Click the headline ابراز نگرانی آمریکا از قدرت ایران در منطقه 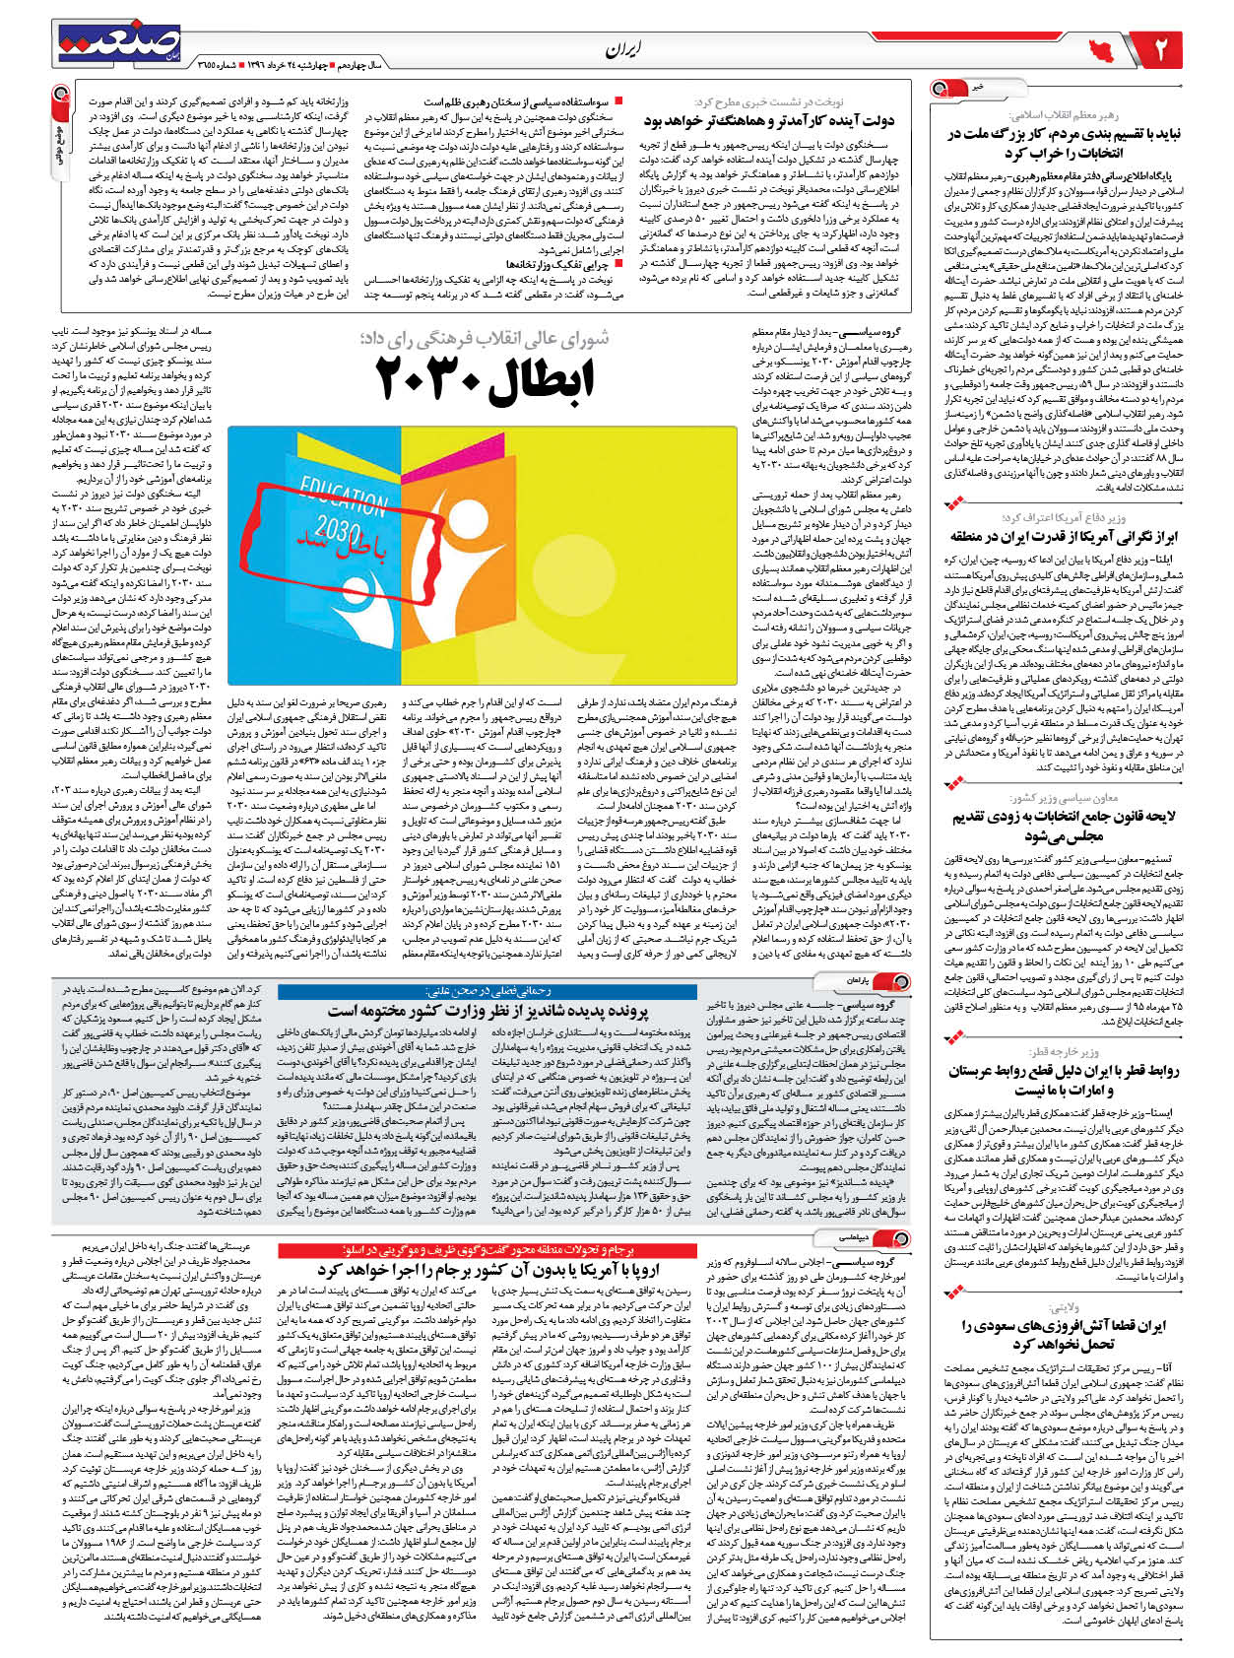point(1064,536)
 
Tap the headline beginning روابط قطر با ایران point(1064,1079)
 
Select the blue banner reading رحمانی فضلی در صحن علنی point(487,991)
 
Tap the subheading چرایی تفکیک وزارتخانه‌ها point(556,264)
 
